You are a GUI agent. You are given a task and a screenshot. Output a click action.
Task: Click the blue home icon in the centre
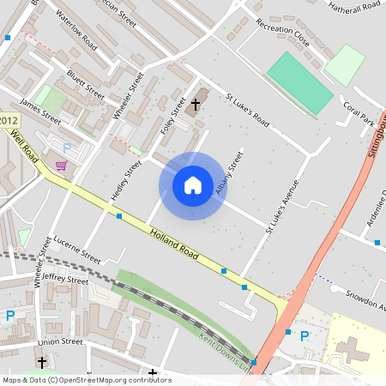point(193,185)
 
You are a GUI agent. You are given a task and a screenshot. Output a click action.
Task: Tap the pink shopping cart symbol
point(61,166)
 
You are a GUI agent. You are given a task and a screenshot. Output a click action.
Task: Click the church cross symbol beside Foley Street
point(196,105)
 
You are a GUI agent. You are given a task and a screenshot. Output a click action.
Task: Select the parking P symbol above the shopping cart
point(67,148)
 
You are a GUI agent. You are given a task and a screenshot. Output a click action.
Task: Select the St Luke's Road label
point(247,111)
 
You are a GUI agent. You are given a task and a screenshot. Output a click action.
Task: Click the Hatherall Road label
point(354,6)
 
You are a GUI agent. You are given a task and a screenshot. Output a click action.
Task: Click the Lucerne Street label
point(77,249)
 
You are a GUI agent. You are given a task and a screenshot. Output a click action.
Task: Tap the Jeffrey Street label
point(65,280)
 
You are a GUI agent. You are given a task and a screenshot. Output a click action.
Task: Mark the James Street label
point(40,112)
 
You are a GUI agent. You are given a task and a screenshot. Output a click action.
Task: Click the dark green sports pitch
point(299,83)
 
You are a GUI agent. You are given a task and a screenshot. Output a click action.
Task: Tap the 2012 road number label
point(9,121)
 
